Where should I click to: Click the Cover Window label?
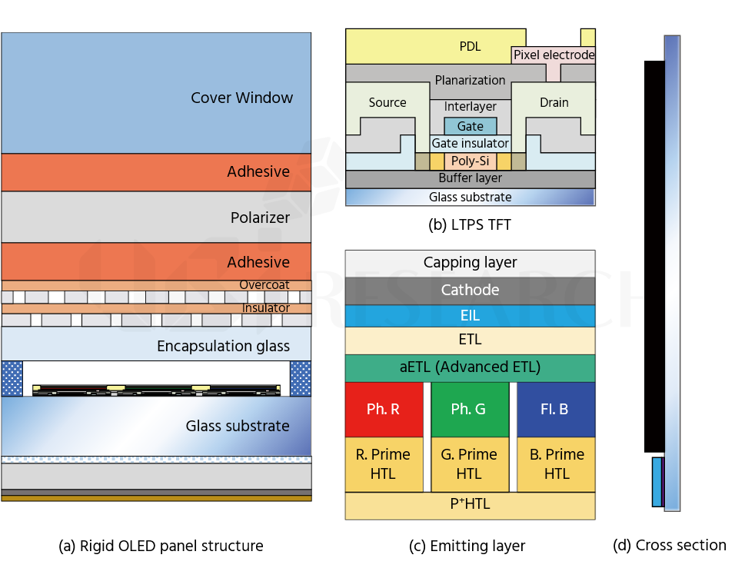(242, 98)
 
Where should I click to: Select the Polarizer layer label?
(260, 218)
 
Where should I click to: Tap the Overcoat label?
(264, 284)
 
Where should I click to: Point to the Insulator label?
(265, 307)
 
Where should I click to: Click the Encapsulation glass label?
(223, 346)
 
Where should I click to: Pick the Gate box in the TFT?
(471, 126)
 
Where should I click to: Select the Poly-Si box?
(471, 161)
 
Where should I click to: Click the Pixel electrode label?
(554, 55)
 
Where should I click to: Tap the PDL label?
(470, 46)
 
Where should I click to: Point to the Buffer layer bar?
(471, 178)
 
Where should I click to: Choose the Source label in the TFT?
(387, 102)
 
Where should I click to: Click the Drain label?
(554, 102)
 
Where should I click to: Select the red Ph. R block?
(384, 410)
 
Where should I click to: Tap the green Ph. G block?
(470, 410)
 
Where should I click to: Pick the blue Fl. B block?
(556, 410)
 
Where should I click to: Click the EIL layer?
(471, 316)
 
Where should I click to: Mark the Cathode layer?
(471, 291)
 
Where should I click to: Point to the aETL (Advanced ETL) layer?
(471, 367)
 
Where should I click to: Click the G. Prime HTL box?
(470, 464)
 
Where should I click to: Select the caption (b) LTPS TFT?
(470, 224)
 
